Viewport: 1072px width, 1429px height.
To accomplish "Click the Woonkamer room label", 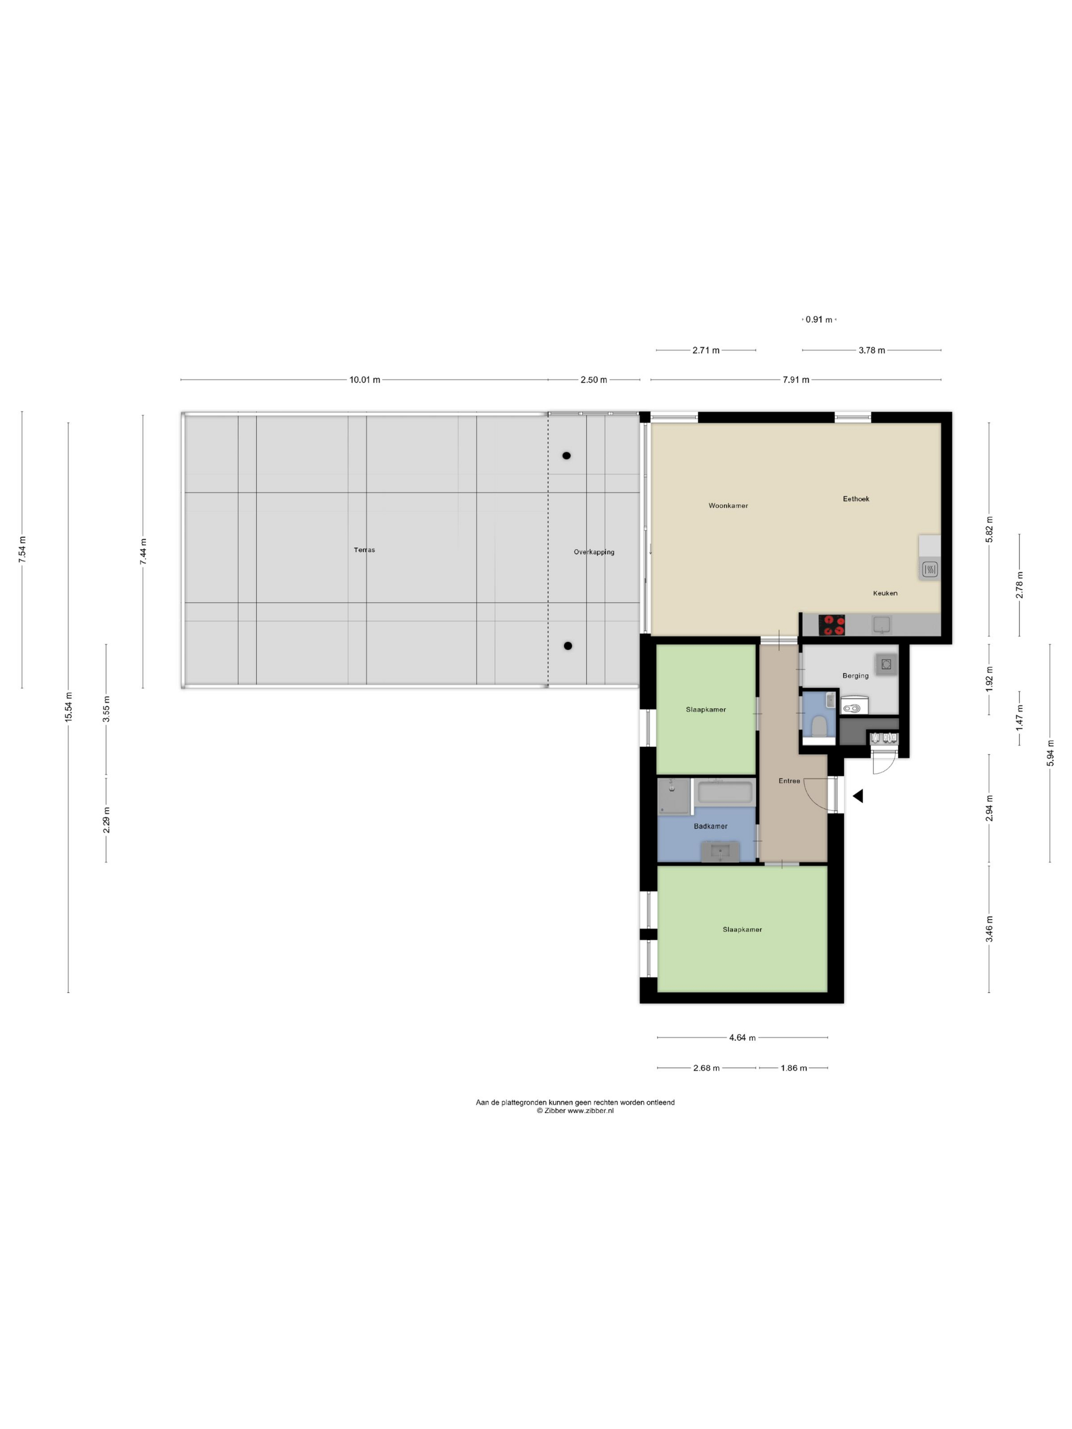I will tap(727, 505).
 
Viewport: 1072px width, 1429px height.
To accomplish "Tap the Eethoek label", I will tap(856, 498).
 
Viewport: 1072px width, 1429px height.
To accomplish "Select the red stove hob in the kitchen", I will tap(831, 625).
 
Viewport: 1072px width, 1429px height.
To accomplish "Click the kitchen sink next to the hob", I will tap(882, 624).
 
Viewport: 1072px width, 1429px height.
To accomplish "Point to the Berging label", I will tap(855, 675).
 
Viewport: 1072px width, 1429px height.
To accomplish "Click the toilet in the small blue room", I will tap(819, 726).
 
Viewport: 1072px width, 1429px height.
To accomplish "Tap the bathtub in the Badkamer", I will tap(725, 792).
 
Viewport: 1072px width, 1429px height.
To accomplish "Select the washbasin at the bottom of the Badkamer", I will tap(720, 851).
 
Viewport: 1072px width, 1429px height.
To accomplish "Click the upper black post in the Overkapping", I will tap(566, 455).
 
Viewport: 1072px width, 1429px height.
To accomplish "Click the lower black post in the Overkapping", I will tap(567, 646).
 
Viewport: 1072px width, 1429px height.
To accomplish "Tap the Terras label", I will tap(364, 550).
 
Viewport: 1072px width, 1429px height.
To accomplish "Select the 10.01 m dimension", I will tap(364, 380).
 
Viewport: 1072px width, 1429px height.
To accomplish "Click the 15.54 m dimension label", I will tap(68, 707).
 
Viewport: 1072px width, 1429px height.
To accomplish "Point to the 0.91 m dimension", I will tap(818, 319).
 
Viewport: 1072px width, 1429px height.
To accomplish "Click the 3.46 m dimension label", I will tap(989, 929).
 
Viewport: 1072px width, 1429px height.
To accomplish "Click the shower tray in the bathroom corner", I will tap(674, 796).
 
